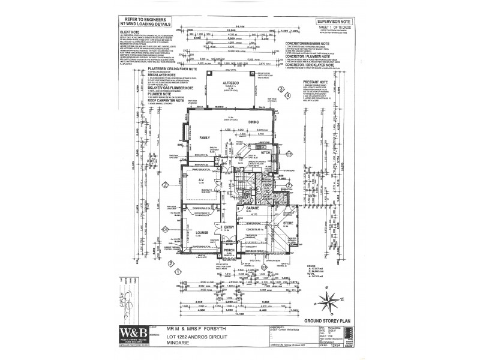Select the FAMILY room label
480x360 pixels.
(x=207, y=137)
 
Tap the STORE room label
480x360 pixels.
(x=287, y=223)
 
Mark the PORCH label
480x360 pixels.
(x=228, y=250)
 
